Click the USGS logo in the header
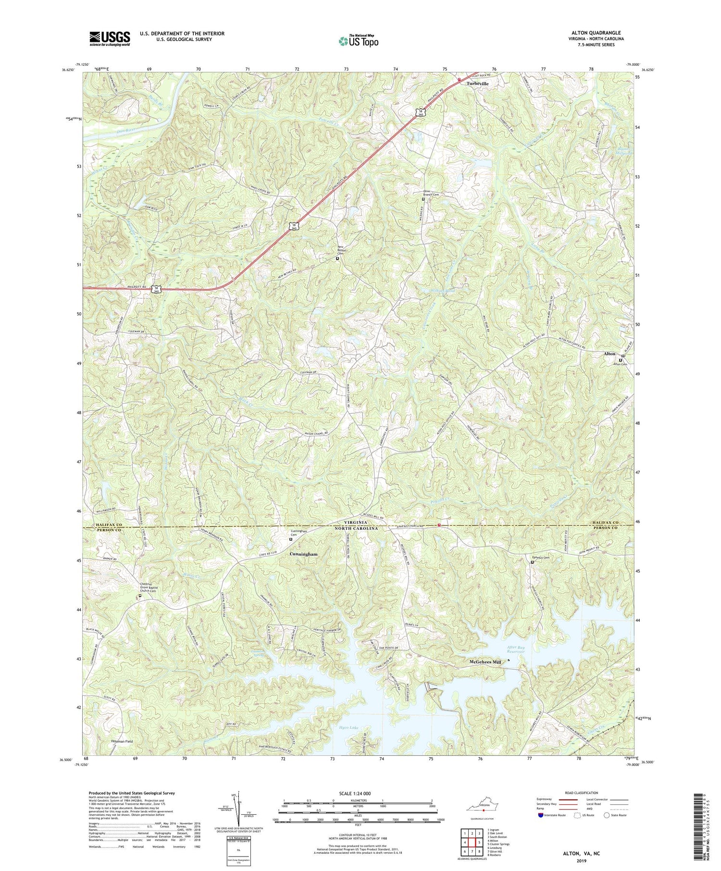point(110,38)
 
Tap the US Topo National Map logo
point(358,41)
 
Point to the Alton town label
point(609,354)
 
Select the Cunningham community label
point(303,554)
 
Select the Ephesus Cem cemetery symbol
point(532,562)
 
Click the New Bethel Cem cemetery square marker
point(337,258)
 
